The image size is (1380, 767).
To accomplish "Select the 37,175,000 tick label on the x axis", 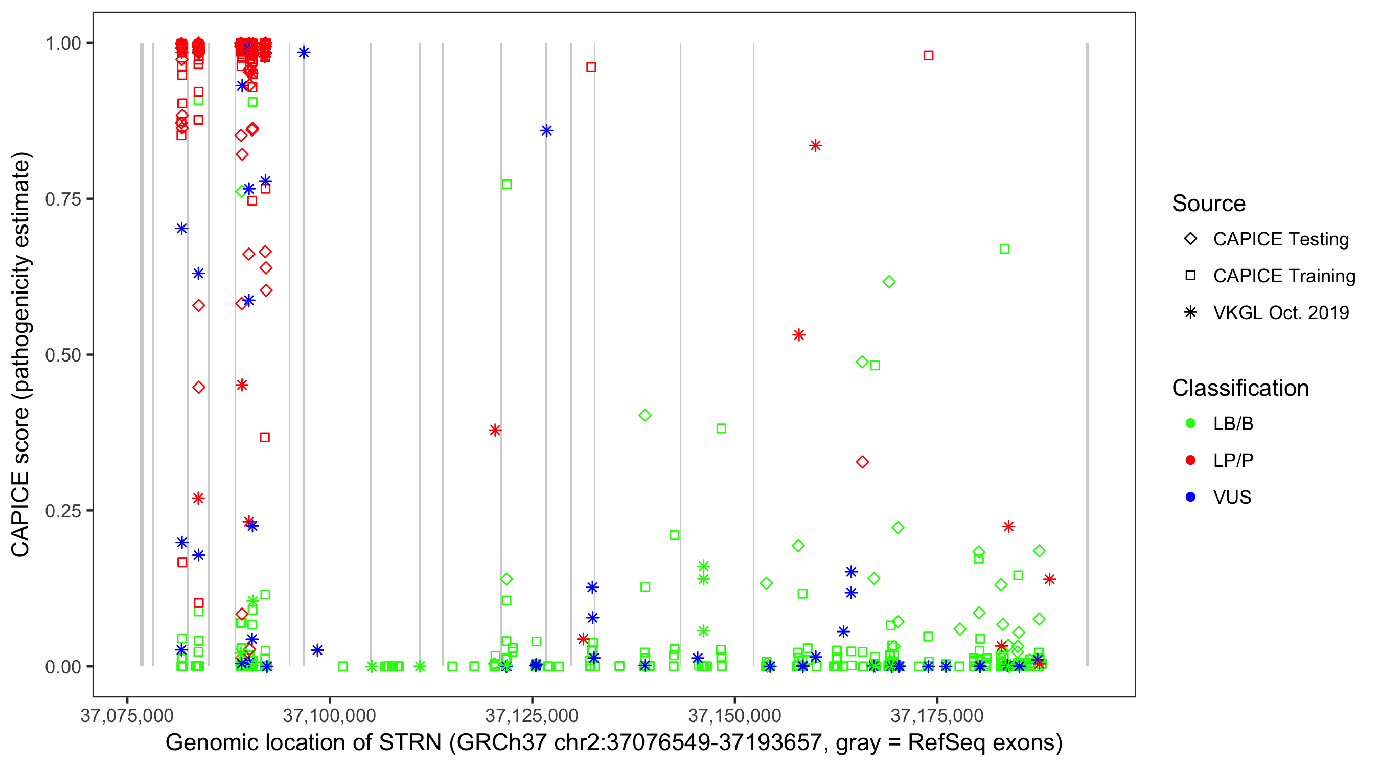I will coord(937,715).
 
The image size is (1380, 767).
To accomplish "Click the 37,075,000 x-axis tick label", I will coord(127,715).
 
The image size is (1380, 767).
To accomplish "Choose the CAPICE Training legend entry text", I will coord(1284,276).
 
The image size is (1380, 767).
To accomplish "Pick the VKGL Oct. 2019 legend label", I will coord(1281,312).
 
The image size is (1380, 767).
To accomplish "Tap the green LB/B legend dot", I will coord(1190,423).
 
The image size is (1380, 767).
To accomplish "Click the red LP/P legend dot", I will coord(1190,460).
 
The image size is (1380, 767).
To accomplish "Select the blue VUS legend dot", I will coord(1190,497).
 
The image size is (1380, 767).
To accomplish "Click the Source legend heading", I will coord(1209,204).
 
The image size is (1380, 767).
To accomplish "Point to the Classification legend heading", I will coord(1240,388).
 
